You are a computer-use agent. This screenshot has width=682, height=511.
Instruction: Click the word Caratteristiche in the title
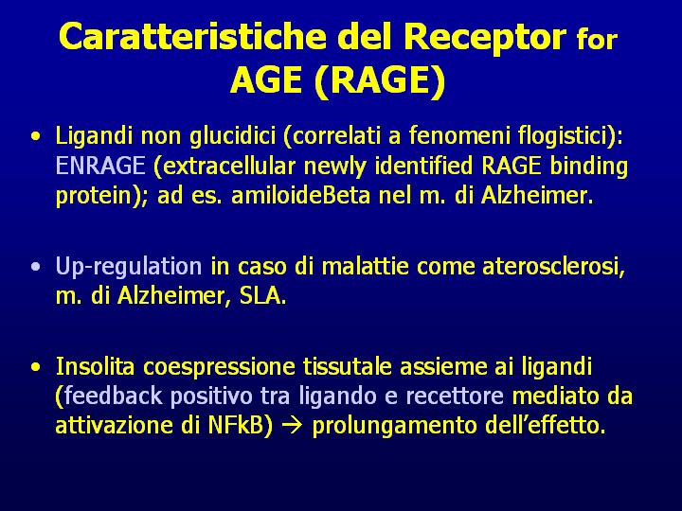(x=192, y=36)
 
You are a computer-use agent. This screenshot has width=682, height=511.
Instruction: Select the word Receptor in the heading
(x=485, y=37)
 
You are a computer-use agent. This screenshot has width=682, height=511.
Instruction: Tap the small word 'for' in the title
(x=597, y=39)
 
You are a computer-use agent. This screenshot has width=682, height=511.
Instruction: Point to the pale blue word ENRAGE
(x=100, y=166)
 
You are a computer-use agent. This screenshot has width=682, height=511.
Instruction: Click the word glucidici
(x=233, y=136)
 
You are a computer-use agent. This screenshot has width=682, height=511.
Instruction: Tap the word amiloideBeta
(x=300, y=195)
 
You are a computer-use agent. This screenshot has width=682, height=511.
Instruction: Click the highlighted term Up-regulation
(x=129, y=266)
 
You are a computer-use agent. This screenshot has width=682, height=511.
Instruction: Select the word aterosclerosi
(x=553, y=266)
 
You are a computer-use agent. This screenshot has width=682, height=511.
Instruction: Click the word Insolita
(x=96, y=366)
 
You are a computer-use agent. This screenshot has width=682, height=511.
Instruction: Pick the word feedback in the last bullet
(x=113, y=396)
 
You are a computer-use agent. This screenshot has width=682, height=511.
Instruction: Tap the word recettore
(x=455, y=396)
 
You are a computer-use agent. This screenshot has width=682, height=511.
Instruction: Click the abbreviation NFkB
(x=235, y=425)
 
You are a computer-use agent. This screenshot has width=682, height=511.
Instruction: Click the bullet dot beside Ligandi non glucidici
(x=36, y=136)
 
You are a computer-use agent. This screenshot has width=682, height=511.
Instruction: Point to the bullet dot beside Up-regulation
(x=36, y=266)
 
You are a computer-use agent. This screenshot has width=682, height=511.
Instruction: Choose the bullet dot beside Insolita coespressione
(x=36, y=367)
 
